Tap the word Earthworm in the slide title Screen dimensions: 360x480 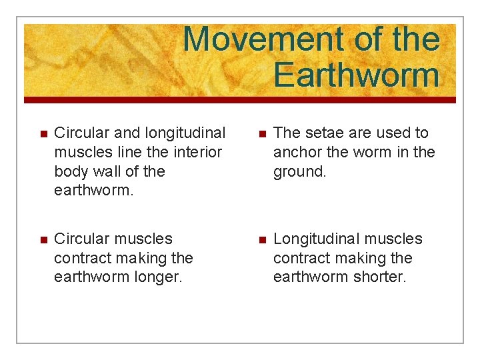tap(357, 75)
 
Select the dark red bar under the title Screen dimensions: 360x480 tap(240, 100)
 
